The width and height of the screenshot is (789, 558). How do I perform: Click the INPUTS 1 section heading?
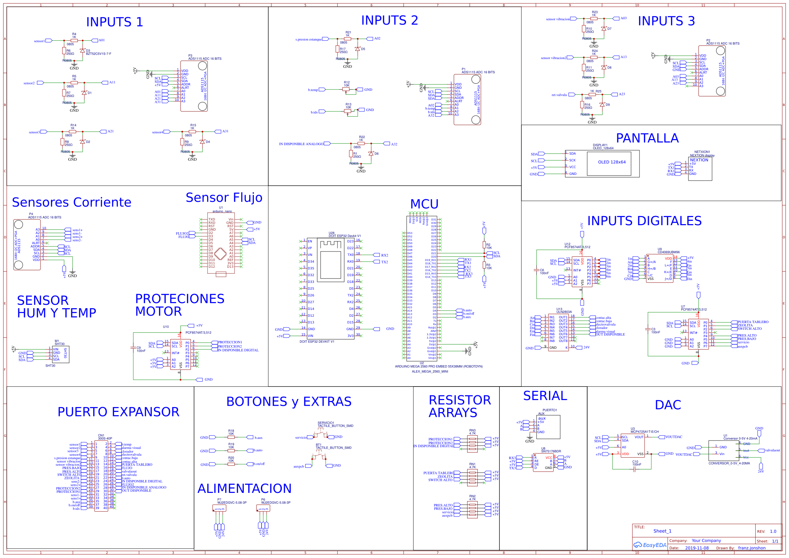tap(114, 22)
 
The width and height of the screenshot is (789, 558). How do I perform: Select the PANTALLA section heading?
tap(647, 138)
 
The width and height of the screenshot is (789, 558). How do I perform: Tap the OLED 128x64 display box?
tap(611, 162)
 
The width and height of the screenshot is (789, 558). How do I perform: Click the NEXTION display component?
tap(700, 168)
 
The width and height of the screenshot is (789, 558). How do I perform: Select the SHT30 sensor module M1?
tap(60, 354)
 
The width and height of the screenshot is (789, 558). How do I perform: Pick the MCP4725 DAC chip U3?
tap(632, 445)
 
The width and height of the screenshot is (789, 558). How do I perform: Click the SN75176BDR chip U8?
tap(543, 462)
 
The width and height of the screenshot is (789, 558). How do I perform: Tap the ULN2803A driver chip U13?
tap(558, 332)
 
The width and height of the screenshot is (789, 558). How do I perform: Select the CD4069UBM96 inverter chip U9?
tap(659, 268)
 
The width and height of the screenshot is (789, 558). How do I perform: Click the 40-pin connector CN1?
tap(101, 476)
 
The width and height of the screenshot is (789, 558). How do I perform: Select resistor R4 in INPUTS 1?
tap(74, 40)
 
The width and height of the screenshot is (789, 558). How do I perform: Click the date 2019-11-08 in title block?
tap(697, 548)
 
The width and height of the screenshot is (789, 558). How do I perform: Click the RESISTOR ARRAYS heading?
tap(459, 406)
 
